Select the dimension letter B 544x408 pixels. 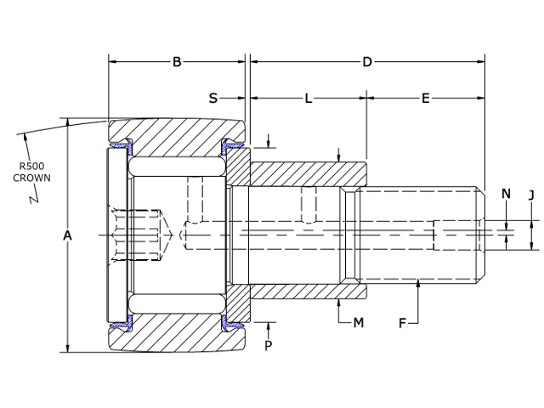(177, 61)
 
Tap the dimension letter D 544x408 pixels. (367, 61)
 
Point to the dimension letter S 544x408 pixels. (213, 99)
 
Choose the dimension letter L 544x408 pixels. (309, 99)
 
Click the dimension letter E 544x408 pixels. (426, 99)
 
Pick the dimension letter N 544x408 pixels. (506, 194)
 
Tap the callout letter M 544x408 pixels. (358, 323)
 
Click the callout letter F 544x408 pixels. (403, 323)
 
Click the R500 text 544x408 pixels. (32, 166)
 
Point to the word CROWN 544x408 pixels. (32, 178)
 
